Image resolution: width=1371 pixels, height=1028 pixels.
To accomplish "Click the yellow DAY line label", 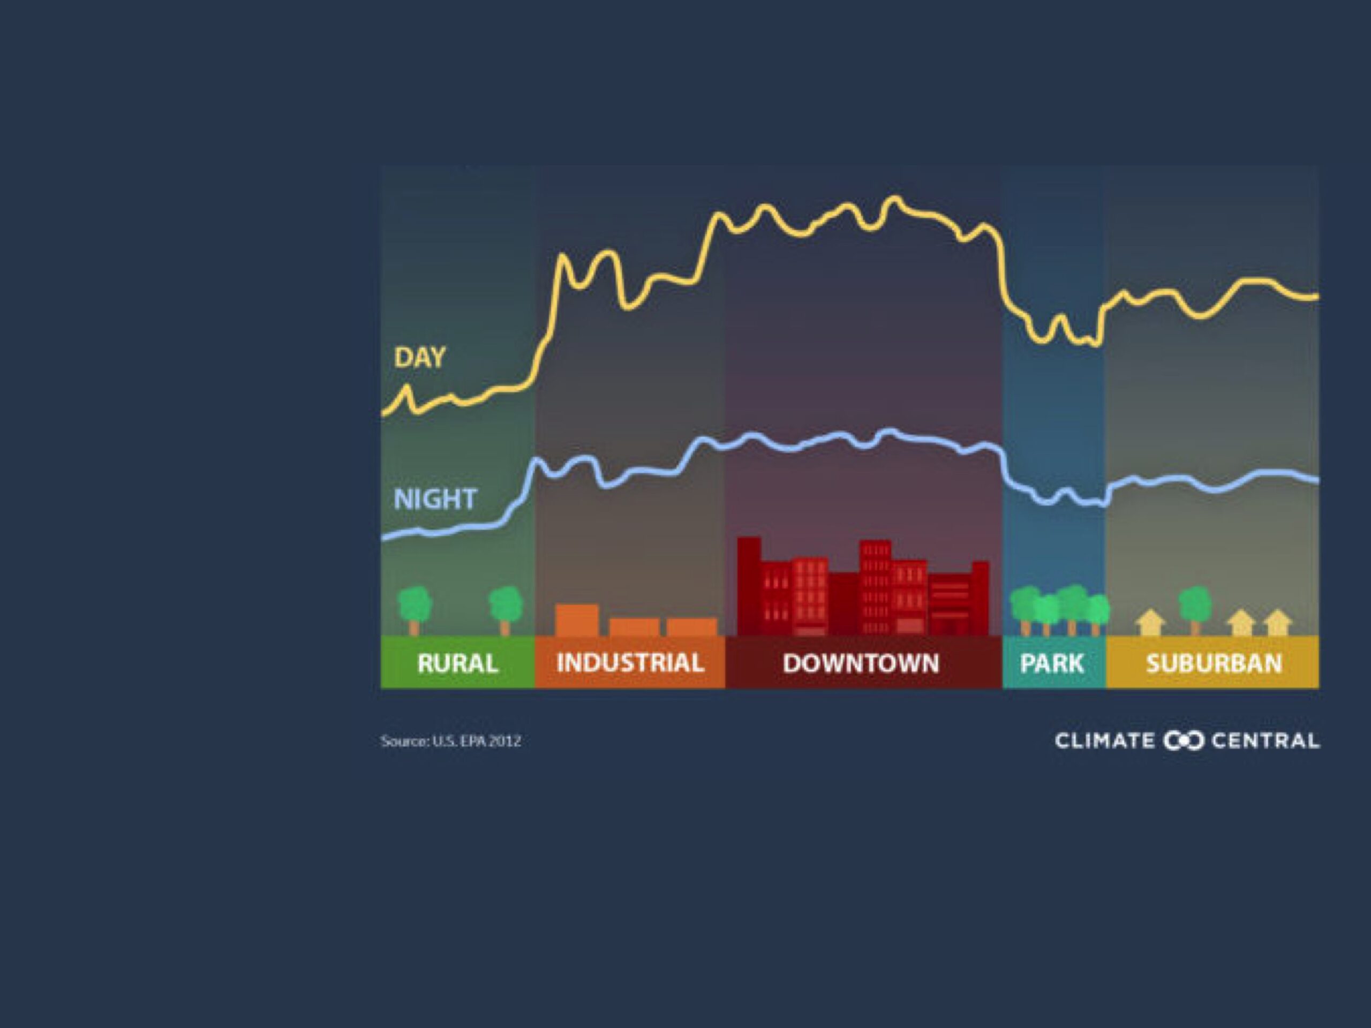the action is tap(420, 358).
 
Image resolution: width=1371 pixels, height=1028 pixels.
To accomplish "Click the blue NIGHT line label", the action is tap(435, 499).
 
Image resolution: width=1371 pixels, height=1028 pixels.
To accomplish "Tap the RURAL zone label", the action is tap(457, 663).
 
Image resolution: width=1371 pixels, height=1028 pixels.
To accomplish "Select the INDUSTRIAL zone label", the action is tap(630, 663).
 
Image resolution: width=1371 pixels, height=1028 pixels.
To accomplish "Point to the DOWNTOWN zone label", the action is tap(861, 663).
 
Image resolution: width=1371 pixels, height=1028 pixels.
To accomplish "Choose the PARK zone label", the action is tap(1052, 663).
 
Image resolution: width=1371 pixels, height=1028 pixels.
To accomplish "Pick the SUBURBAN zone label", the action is tap(1214, 663).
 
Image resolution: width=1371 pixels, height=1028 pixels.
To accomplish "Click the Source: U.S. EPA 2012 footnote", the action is tap(450, 741).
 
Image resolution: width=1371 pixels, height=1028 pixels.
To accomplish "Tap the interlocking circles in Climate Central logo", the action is tap(1183, 741).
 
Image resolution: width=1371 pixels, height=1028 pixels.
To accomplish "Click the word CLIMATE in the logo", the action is tap(1104, 741).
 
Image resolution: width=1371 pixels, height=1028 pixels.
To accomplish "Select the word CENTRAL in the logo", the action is tap(1265, 741).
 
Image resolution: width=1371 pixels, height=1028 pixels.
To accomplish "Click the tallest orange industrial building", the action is tap(577, 620).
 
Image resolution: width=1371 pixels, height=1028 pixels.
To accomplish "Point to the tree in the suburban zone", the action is tap(1195, 610).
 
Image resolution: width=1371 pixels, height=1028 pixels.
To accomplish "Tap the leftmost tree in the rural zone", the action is tap(414, 611).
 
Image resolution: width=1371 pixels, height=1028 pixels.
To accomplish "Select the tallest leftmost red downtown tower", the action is tap(749, 586).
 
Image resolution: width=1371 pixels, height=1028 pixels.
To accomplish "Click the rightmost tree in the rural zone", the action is tap(506, 611).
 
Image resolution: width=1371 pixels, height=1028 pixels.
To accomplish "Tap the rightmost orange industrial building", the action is tap(692, 627).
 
